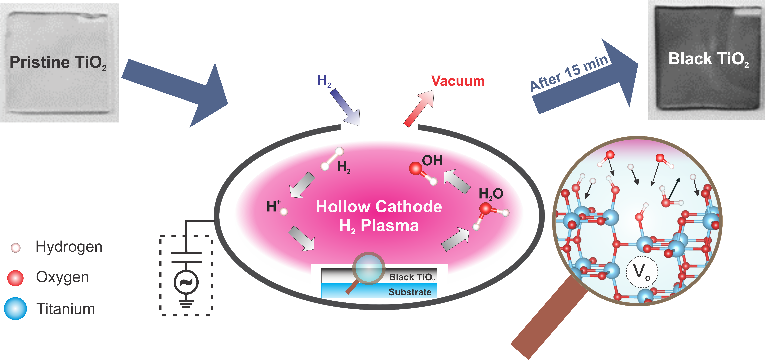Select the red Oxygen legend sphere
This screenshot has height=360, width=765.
pos(15,278)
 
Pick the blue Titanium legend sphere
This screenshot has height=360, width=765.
pos(15,309)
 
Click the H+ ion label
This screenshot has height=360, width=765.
pos(273,206)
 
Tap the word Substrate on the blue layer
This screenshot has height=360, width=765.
pos(410,292)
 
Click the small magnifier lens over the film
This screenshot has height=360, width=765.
pos(368,268)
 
